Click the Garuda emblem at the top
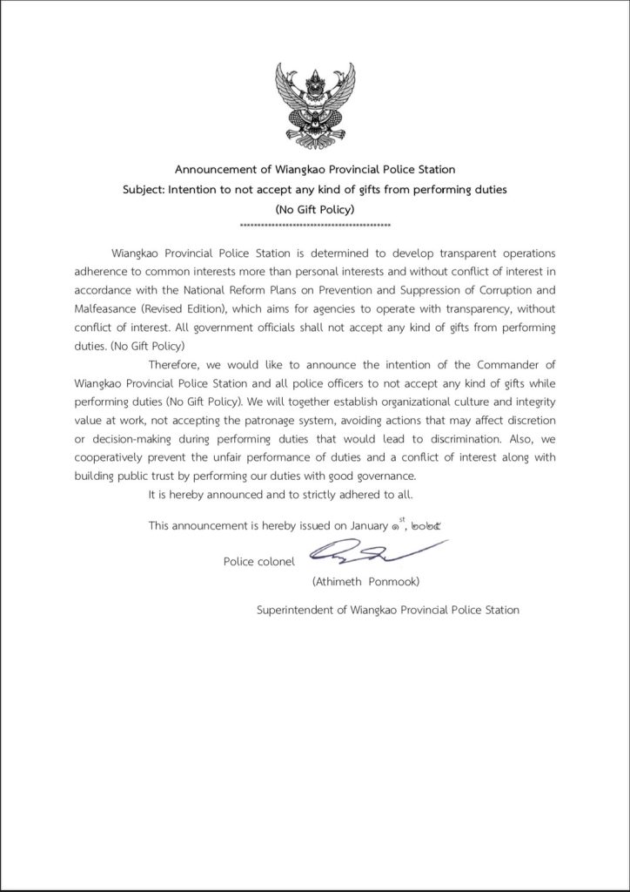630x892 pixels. (x=314, y=103)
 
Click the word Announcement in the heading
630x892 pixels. (x=212, y=169)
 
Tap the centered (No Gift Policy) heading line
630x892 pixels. (x=314, y=209)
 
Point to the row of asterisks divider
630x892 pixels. (x=314, y=226)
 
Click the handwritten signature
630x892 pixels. (x=374, y=551)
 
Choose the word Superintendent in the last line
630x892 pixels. (x=295, y=610)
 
